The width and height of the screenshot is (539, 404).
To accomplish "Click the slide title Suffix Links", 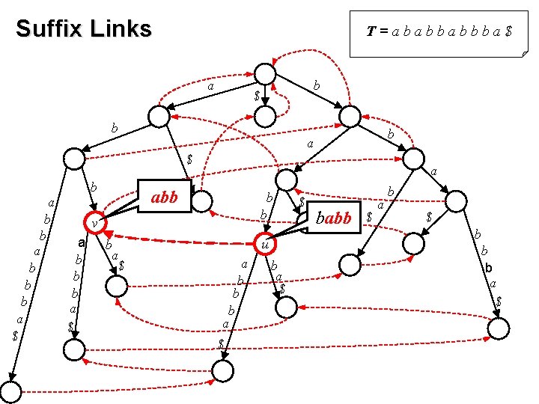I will click(83, 29).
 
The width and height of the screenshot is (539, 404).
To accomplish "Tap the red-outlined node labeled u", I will click(264, 244).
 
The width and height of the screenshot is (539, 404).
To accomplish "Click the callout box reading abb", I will click(164, 198).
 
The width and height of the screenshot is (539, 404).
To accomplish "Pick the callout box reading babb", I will click(334, 218).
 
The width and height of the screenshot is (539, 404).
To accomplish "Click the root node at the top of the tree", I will click(265, 73).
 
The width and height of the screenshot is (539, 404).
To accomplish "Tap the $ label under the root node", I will click(257, 97).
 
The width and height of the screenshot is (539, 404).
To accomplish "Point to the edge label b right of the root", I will click(317, 87).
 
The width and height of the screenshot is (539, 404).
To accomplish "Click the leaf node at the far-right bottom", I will click(499, 327).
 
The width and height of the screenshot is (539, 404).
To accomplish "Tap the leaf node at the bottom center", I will click(222, 369).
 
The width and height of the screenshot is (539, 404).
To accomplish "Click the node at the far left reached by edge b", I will click(73, 159).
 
